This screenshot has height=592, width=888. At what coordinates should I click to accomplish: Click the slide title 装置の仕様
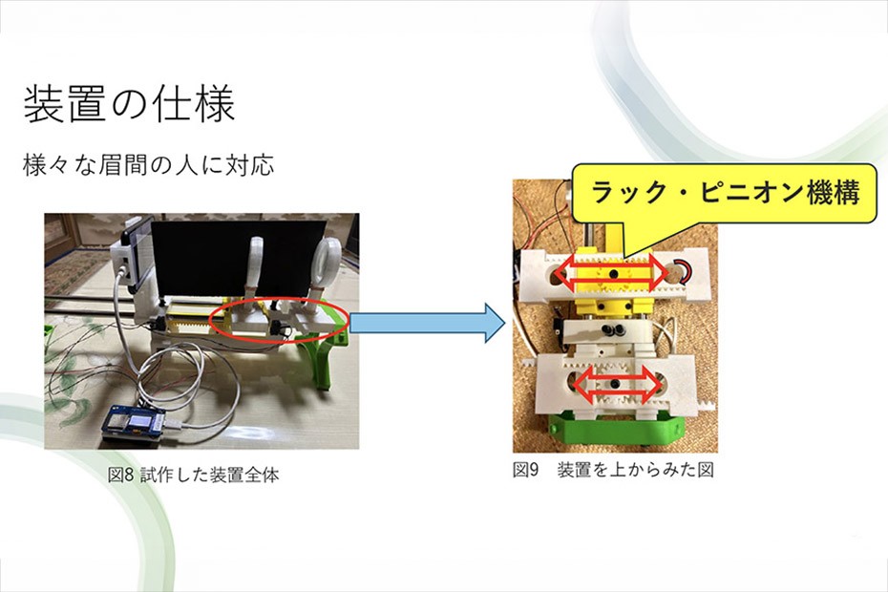click(128, 104)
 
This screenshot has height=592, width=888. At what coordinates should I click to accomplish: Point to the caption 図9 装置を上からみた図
click(612, 470)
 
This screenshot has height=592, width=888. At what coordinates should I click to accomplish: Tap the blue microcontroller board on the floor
click(137, 427)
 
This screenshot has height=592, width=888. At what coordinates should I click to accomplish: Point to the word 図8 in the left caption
click(121, 475)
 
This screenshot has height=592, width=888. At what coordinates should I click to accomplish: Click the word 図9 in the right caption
click(527, 470)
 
